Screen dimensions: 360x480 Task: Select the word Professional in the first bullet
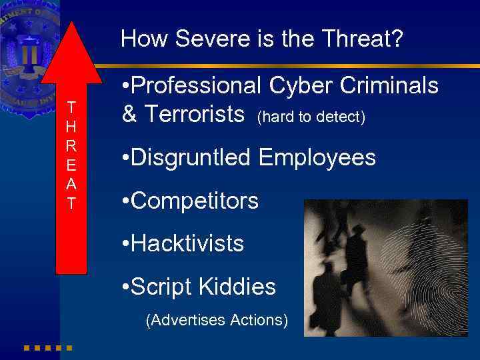[x=197, y=86]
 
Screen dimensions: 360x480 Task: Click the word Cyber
[x=298, y=86]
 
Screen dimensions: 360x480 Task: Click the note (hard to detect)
[x=311, y=117]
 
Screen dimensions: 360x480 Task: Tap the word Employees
[x=317, y=158]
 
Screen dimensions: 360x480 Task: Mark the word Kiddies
[x=239, y=287]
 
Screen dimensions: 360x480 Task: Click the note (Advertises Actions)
[x=217, y=320]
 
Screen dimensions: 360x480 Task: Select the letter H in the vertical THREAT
[x=71, y=124]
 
